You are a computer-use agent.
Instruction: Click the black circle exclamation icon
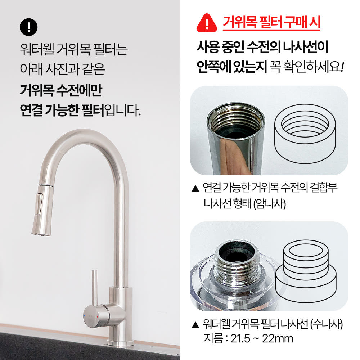(29, 27)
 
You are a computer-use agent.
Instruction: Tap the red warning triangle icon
(207, 23)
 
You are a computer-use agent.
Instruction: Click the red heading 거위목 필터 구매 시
(271, 23)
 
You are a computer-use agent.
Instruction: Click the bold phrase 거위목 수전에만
(61, 90)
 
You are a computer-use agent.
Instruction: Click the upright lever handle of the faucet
(94, 288)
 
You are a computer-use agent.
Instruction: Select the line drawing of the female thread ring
(305, 132)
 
